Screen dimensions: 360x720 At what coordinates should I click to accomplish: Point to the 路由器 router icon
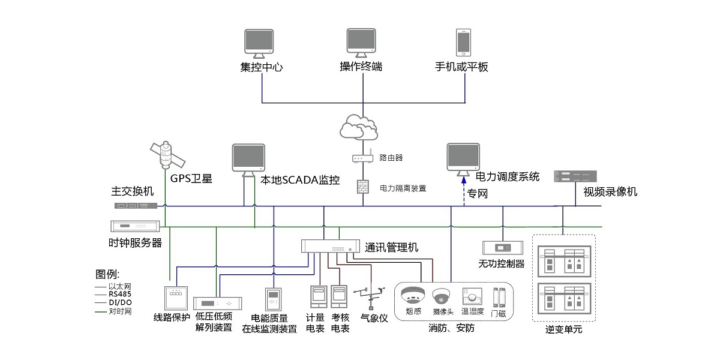pos(363,159)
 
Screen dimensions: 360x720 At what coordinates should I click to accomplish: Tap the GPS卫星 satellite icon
pos(165,155)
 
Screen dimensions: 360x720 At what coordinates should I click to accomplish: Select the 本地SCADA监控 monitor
pos(248,158)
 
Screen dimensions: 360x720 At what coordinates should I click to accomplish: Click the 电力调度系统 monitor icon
pos(463,157)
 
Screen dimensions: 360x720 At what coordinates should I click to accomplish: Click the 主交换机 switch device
pos(136,205)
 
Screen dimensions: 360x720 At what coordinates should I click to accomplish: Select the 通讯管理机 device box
pos(331,246)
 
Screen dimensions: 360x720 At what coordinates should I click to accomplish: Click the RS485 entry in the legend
pos(119,295)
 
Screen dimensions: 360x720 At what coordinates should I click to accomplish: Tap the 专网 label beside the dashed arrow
pos(476,193)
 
